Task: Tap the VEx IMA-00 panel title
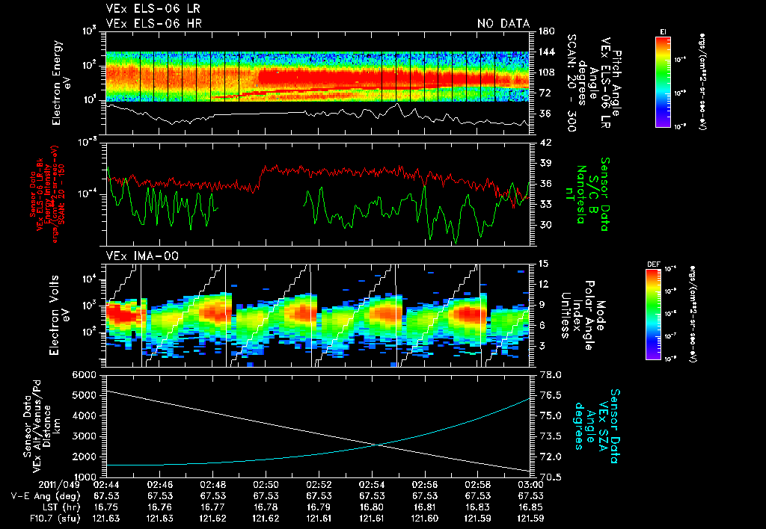[x=136, y=256]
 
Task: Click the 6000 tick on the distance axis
[x=85, y=374]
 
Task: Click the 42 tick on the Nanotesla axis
[x=542, y=143]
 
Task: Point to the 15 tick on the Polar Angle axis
[x=542, y=264]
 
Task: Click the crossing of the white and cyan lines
[x=379, y=445]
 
